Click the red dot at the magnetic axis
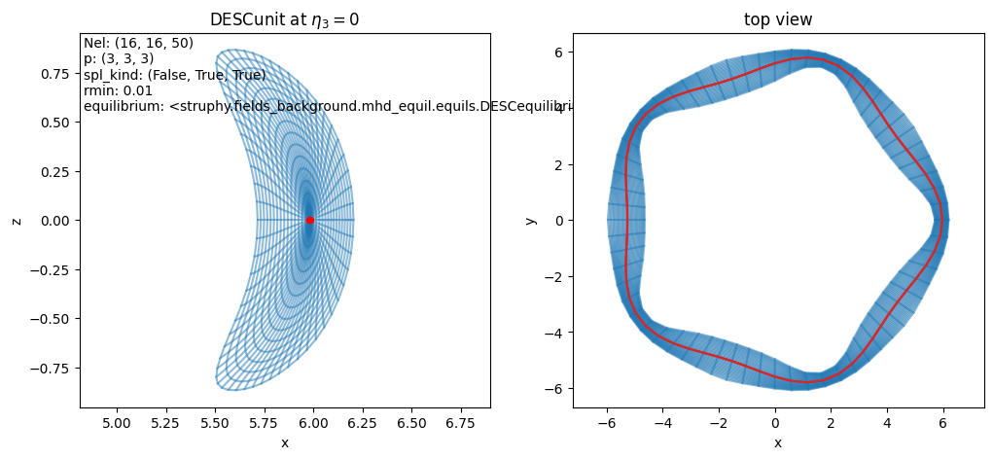point(309,220)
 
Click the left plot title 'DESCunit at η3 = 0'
point(284,19)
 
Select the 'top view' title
point(777,19)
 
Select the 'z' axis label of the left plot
point(17,221)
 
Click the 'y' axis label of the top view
point(530,221)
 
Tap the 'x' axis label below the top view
point(777,443)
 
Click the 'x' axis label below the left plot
point(284,443)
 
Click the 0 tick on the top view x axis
point(775,425)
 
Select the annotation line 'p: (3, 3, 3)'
point(119,58)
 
